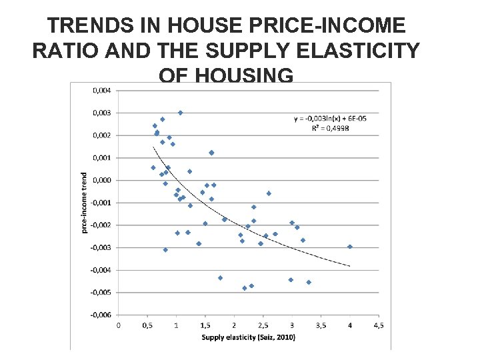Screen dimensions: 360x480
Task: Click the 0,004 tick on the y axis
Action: (102, 90)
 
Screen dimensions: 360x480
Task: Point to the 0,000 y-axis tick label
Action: (102, 180)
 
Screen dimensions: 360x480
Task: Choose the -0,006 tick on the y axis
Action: (101, 315)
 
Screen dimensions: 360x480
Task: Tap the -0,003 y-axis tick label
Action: (101, 247)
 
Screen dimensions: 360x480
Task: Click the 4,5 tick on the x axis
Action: (379, 325)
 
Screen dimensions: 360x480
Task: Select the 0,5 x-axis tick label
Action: (147, 325)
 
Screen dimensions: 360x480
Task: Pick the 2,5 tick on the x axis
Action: (263, 325)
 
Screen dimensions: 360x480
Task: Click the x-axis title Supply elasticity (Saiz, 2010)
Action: (248, 337)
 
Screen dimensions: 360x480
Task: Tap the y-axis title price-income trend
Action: (84, 203)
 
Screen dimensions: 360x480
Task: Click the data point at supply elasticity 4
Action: (350, 247)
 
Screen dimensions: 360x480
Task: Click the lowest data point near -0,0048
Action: (245, 288)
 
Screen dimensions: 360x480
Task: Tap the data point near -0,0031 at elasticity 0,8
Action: (165, 250)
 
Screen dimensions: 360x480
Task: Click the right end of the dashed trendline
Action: (349, 266)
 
